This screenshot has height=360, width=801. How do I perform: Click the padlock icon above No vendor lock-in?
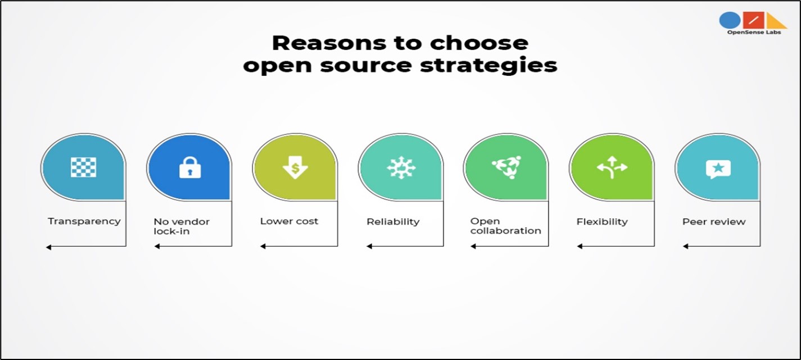[190, 167]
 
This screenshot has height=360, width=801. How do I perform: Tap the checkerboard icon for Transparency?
[83, 167]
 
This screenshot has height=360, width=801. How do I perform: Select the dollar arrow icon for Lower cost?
[295, 168]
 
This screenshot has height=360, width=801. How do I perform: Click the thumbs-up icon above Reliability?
[401, 167]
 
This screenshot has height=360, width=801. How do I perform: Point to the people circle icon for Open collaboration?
[506, 167]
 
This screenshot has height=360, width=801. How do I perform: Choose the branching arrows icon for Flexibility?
[612, 167]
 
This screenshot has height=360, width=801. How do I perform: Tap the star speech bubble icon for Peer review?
[718, 169]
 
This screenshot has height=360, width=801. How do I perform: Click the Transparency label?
[84, 222]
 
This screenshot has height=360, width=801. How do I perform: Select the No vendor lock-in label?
[182, 226]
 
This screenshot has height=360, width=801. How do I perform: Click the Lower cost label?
[289, 221]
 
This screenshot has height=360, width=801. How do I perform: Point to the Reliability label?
[393, 222]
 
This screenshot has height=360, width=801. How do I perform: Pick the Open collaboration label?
[506, 226]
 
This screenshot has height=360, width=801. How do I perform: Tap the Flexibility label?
[602, 222]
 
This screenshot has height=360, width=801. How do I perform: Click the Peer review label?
[714, 222]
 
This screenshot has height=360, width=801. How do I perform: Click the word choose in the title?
[479, 43]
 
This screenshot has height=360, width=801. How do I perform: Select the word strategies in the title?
[488, 66]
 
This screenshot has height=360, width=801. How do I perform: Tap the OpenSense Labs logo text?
[754, 32]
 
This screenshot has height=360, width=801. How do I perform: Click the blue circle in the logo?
[730, 20]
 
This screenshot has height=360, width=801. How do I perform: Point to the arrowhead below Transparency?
[48, 247]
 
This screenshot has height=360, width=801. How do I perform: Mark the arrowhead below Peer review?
[686, 246]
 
